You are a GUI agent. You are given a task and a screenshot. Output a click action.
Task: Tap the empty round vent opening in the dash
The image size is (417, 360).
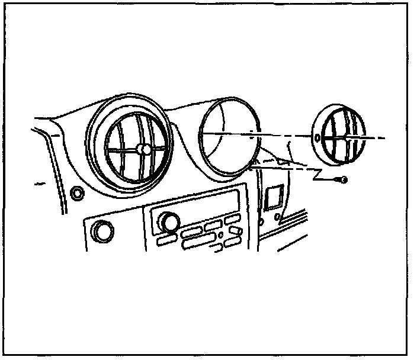pos(229,137)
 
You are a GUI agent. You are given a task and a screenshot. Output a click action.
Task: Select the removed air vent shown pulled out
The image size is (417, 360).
pos(338,136)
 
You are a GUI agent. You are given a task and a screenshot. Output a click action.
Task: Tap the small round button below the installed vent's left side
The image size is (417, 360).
pos(76,192)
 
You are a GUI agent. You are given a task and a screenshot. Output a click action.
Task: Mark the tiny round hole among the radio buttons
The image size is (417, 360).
pos(220,236)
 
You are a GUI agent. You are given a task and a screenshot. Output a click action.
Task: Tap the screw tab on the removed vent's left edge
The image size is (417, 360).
pos(317,139)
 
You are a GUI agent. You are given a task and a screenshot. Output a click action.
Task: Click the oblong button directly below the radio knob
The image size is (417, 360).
pos(166,240)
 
